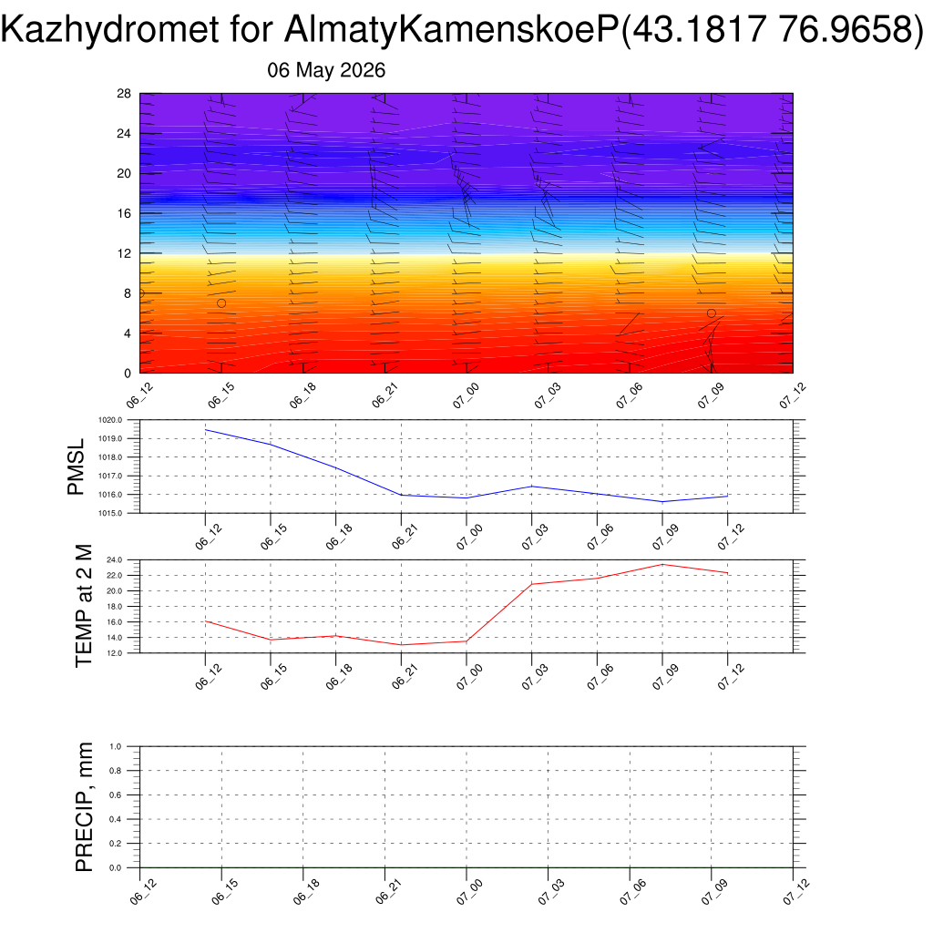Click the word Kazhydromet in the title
click(x=110, y=29)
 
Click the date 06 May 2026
click(x=326, y=70)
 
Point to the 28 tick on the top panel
click(x=124, y=94)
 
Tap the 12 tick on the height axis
click(x=124, y=253)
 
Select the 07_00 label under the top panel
click(x=466, y=395)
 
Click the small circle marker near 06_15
click(x=221, y=303)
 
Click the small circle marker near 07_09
click(x=711, y=313)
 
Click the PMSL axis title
click(x=76, y=466)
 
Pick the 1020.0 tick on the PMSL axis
click(x=110, y=420)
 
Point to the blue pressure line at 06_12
click(x=205, y=430)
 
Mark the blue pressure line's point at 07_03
click(x=532, y=487)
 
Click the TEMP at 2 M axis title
click(x=84, y=606)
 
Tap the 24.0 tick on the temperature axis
click(x=114, y=560)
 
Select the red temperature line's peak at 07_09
click(x=662, y=564)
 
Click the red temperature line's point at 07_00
click(x=466, y=641)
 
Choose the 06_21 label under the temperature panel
click(x=405, y=677)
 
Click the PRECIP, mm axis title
click(x=84, y=807)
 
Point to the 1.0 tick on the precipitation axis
click(x=116, y=746)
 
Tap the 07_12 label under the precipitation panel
click(x=796, y=892)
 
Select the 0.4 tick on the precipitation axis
click(x=116, y=819)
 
